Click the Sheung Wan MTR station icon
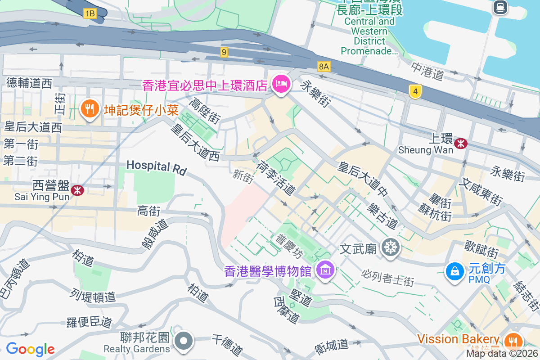pyautogui.click(x=460, y=144)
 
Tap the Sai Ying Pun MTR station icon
pyautogui.click(x=77, y=190)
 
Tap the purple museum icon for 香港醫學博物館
pyautogui.click(x=324, y=270)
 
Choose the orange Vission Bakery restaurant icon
pyautogui.click(x=512, y=340)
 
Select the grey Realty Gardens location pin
pyautogui.click(x=184, y=341)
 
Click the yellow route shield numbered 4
pyautogui.click(x=415, y=92)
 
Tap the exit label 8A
pyautogui.click(x=324, y=67)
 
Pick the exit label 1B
pyautogui.click(x=90, y=13)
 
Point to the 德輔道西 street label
pyautogui.click(x=30, y=83)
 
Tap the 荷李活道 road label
pyautogui.click(x=275, y=179)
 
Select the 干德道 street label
pyautogui.click(x=227, y=345)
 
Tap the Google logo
pyautogui.click(x=30, y=349)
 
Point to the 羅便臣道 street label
pyautogui.click(x=89, y=322)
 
